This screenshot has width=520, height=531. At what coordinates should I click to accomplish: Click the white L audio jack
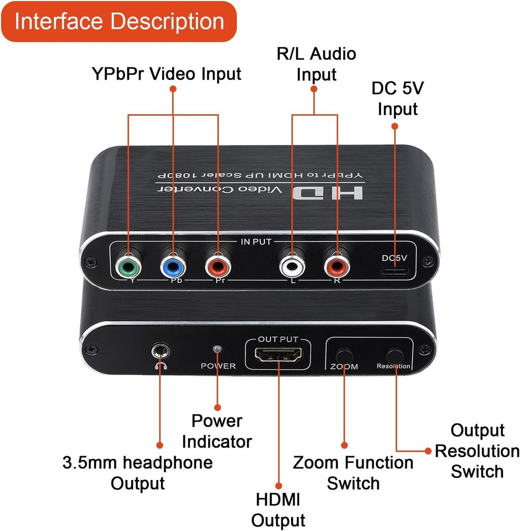coord(291,264)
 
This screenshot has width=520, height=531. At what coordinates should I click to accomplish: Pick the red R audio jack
coord(337,264)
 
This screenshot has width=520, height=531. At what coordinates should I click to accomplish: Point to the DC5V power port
coord(395,272)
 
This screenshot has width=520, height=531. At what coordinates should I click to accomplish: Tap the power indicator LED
coord(216,349)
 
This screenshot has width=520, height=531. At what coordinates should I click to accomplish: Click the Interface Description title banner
coord(119,22)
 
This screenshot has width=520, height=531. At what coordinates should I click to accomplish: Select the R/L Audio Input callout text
coord(317,64)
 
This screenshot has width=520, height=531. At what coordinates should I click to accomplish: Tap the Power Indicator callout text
coord(217,431)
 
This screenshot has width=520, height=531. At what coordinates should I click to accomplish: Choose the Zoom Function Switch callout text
coord(353,473)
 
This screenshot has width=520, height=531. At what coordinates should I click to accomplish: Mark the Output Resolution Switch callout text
coord(476,451)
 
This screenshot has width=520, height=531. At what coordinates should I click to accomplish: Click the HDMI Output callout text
coord(278,509)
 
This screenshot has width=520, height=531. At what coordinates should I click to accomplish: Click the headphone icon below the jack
coord(158,365)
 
